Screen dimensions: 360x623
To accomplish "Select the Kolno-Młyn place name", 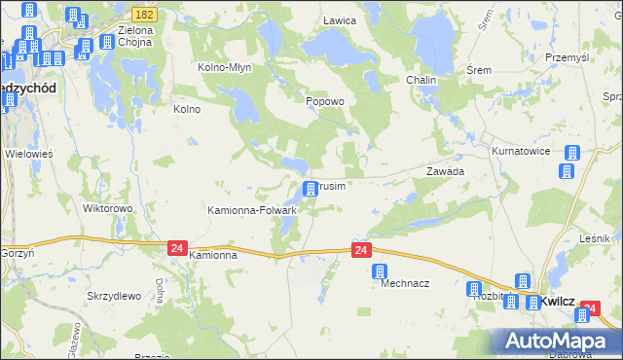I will click(x=226, y=67).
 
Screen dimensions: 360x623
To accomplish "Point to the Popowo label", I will click(x=325, y=101).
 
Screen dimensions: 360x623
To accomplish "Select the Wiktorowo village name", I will click(x=107, y=208).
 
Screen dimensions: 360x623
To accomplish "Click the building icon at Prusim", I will click(x=311, y=188).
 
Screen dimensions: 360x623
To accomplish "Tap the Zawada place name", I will click(x=445, y=170).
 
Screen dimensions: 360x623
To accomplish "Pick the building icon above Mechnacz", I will click(x=380, y=271).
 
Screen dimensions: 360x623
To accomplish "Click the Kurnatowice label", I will click(x=521, y=152).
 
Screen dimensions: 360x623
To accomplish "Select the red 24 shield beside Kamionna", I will click(x=176, y=248).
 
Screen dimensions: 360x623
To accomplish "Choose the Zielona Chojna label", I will click(x=136, y=36).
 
